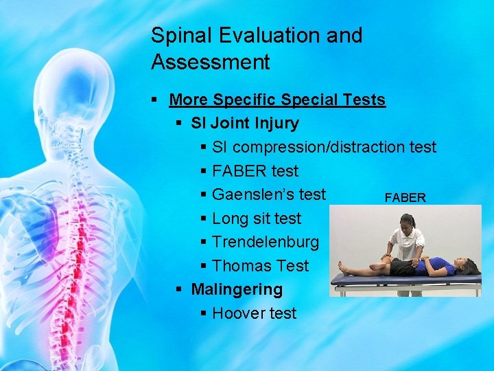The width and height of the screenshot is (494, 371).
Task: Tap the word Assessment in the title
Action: tap(211, 63)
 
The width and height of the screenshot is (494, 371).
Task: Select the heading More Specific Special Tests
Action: tap(277, 100)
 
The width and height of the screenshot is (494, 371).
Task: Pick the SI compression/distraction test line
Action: tap(324, 147)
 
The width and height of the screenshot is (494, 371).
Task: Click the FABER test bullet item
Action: tap(255, 171)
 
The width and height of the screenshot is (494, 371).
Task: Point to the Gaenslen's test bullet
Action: tap(269, 194)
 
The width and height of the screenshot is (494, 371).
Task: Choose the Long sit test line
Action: tap(257, 218)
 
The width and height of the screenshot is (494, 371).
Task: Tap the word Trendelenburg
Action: tap(266, 242)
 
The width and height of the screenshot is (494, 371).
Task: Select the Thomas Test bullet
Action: tap(260, 266)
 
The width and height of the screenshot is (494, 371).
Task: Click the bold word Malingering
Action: tap(237, 289)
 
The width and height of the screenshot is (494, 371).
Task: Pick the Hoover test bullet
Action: tap(254, 313)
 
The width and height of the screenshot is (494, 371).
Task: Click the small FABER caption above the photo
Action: tap(405, 198)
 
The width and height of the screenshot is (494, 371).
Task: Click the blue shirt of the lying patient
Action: tap(440, 265)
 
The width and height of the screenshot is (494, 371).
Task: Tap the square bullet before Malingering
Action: tap(179, 290)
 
